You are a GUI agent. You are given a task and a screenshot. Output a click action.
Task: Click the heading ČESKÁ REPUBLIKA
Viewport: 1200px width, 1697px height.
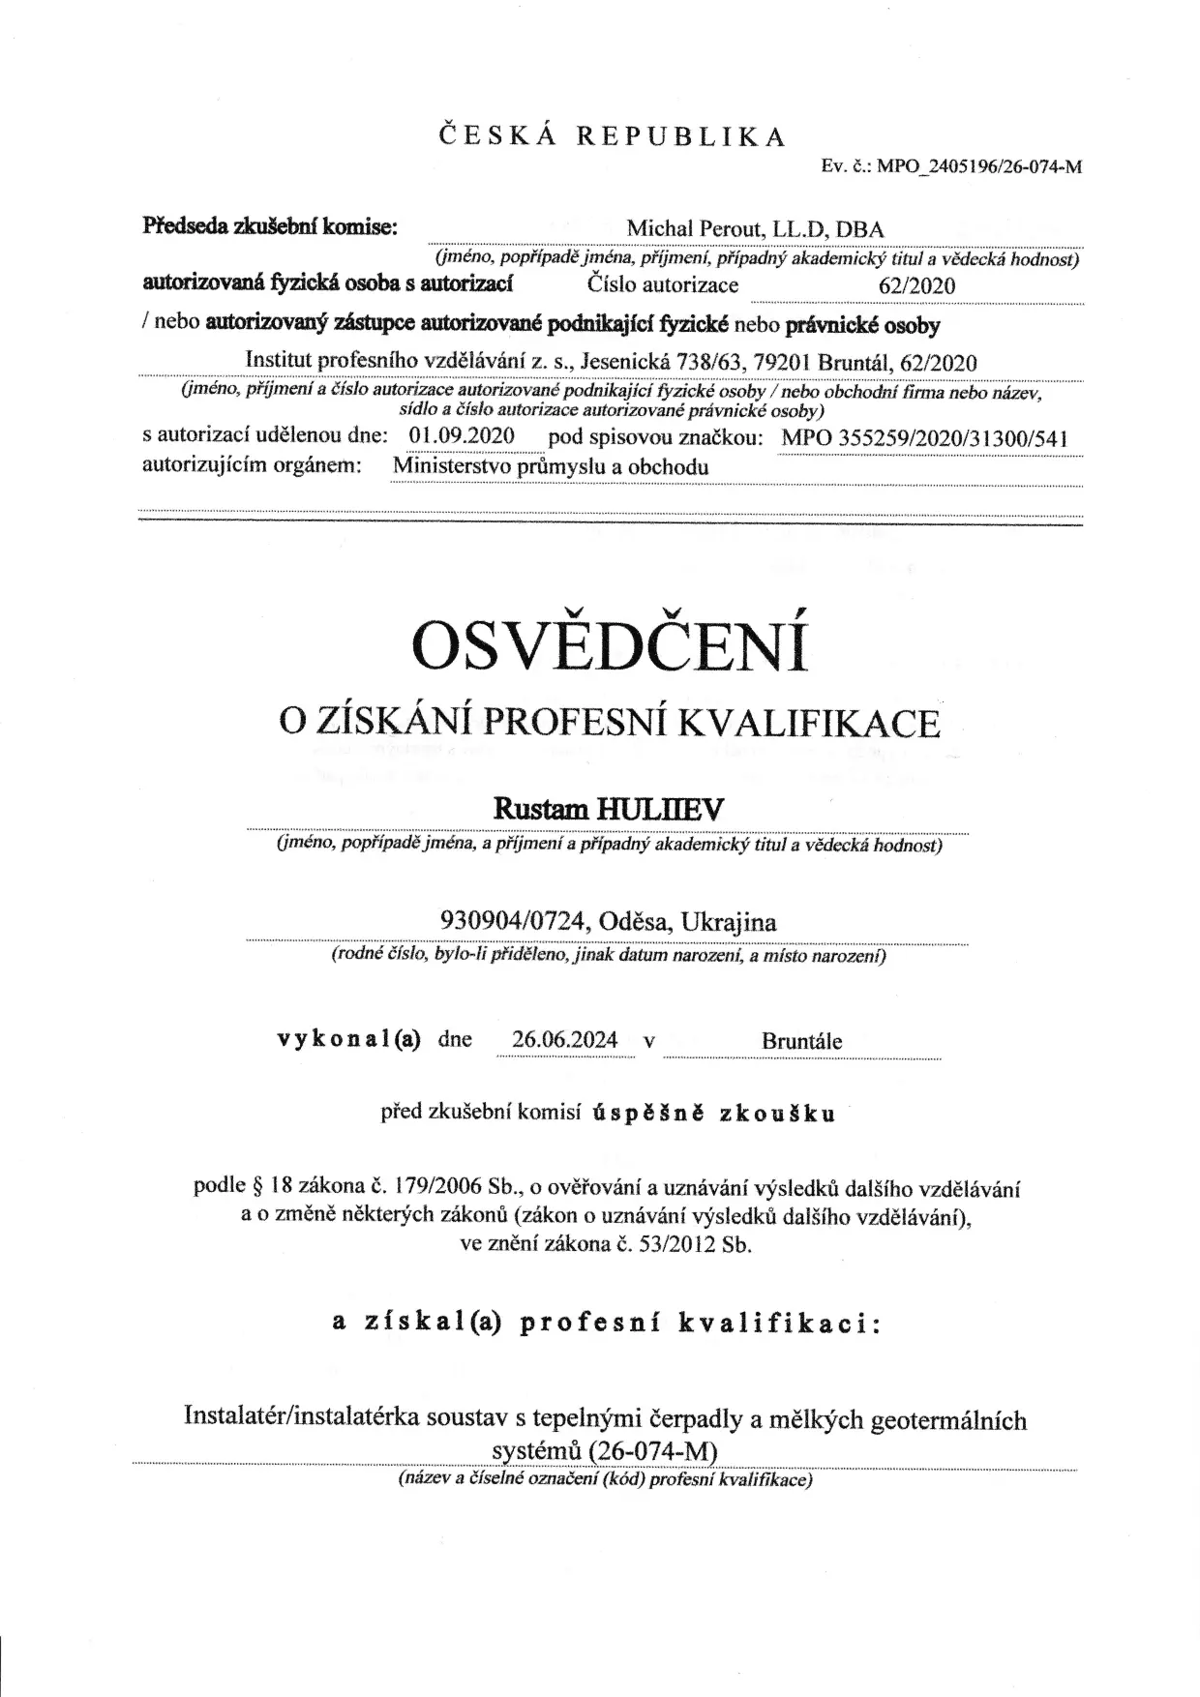[x=614, y=135]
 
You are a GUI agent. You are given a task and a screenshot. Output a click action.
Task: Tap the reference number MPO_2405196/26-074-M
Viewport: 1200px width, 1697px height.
[x=978, y=166]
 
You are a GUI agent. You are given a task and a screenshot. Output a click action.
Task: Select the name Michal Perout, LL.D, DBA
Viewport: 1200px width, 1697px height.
[x=755, y=229]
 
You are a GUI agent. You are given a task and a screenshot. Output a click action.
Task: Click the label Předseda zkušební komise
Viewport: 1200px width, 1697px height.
[x=270, y=226]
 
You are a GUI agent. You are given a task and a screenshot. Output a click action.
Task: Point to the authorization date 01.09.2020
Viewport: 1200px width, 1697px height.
[x=462, y=435]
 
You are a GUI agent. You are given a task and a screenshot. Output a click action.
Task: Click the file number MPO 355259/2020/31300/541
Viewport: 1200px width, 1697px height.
[x=924, y=437]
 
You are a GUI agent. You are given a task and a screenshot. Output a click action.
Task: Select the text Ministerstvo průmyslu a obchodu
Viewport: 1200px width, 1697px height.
[x=551, y=466]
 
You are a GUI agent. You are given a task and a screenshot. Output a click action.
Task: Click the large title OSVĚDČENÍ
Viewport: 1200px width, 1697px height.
[x=611, y=646]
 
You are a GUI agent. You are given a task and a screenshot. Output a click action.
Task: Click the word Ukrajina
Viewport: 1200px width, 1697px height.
[x=728, y=921]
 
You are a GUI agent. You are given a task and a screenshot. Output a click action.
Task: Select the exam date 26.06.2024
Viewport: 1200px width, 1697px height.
[x=565, y=1040]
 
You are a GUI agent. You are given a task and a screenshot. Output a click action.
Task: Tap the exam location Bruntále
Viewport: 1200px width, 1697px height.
[x=801, y=1041]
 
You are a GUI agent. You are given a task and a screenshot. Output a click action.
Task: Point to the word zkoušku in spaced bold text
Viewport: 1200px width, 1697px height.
[x=777, y=1113]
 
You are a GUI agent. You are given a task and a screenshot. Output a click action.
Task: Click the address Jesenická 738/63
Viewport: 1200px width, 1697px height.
[x=654, y=363]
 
